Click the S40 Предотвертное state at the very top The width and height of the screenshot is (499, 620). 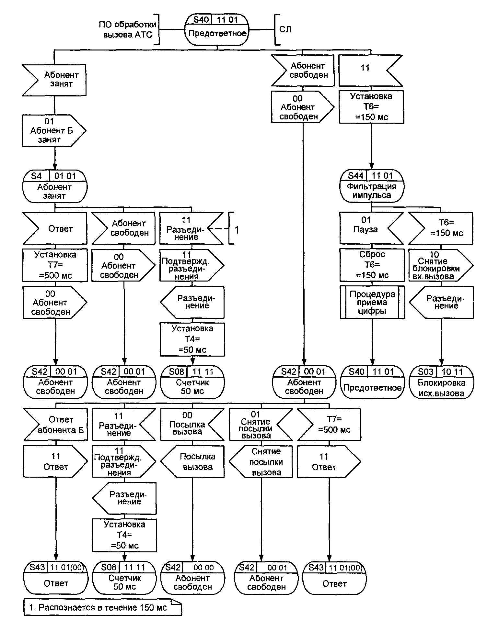point(217,29)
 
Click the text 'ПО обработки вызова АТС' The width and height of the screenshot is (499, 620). point(127,29)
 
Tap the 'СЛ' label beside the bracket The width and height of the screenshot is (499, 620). point(285,29)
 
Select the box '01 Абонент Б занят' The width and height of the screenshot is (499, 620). point(52,130)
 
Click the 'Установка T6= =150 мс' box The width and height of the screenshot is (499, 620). point(371,107)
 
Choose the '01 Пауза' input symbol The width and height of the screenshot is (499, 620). point(368,228)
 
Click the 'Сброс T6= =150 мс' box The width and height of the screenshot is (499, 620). point(372,265)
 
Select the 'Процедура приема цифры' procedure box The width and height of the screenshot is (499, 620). point(372,303)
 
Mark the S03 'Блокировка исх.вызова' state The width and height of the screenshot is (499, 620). point(441,382)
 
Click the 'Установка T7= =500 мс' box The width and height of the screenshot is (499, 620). point(55,265)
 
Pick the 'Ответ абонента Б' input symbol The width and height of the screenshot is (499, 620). point(57,424)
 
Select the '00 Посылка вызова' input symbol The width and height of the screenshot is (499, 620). point(190,424)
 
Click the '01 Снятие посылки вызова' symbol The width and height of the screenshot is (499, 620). point(258,424)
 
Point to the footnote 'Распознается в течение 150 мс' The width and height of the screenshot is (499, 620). point(102,607)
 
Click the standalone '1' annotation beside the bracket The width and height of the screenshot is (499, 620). point(237,230)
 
